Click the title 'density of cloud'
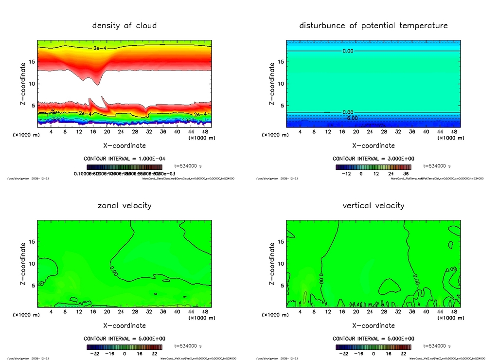pyautogui.click(x=124, y=25)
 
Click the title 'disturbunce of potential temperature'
pyautogui.click(x=373, y=25)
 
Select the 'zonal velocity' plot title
pyautogui.click(x=124, y=205)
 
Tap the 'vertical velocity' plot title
pyautogui.click(x=373, y=205)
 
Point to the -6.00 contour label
pyautogui.click(x=351, y=118)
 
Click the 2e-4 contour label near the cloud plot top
pyautogui.click(x=100, y=49)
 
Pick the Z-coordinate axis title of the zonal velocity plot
pyautogui.click(x=23, y=264)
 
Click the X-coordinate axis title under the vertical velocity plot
pyautogui.click(x=373, y=325)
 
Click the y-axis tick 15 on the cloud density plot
pyautogui.click(x=31, y=62)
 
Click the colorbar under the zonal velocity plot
pyautogui.click(x=124, y=347)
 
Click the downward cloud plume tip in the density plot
pyautogui.click(x=97, y=84)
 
